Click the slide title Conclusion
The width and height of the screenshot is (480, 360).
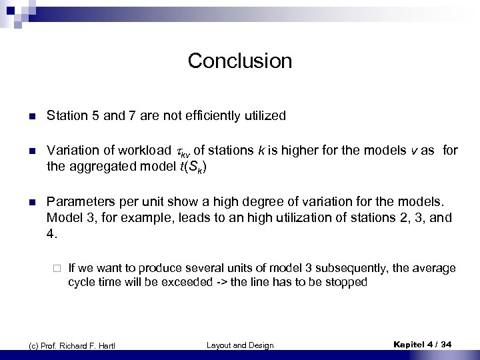pyautogui.click(x=240, y=61)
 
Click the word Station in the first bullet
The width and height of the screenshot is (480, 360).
pyautogui.click(x=66, y=116)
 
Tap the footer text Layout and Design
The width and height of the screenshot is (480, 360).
pyautogui.click(x=240, y=345)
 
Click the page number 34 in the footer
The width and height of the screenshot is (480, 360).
pyautogui.click(x=446, y=344)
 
